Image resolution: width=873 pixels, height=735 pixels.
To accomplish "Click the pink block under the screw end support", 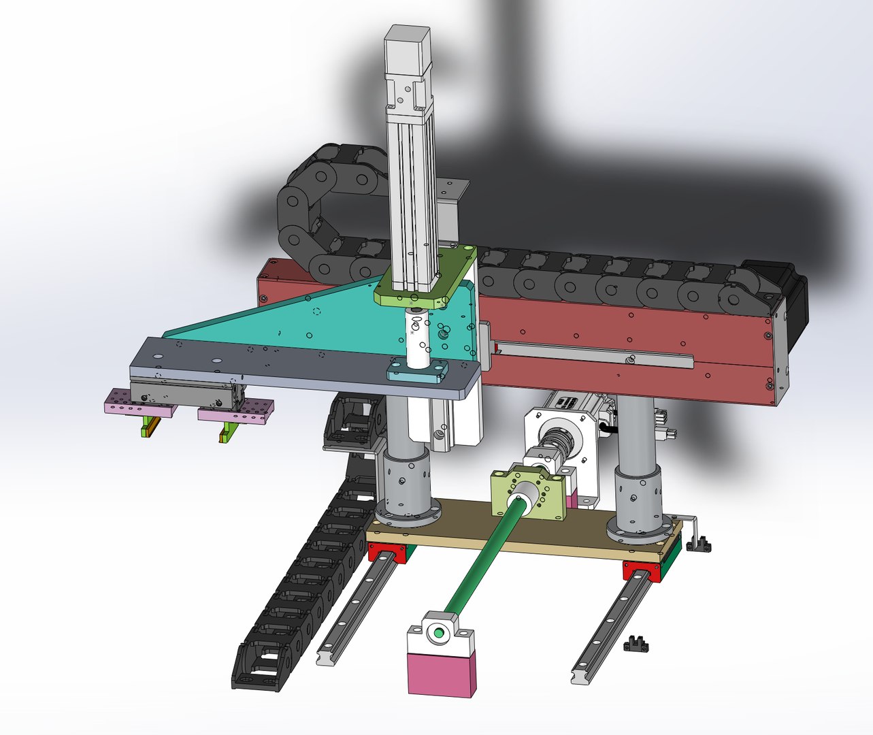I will coord(440,674).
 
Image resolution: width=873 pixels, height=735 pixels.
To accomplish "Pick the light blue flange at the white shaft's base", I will coord(417,372).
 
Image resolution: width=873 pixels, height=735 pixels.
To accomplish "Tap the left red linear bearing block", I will coord(388,553).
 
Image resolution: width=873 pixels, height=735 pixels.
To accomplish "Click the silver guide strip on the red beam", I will coord(592,354).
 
